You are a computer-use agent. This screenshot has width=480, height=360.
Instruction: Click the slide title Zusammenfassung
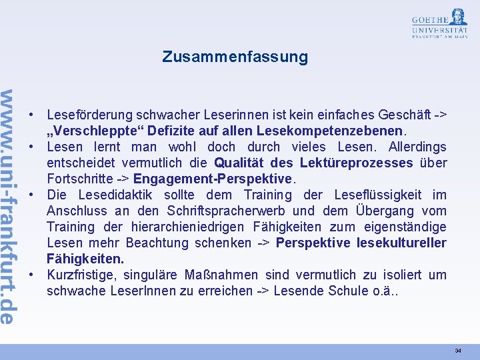235,57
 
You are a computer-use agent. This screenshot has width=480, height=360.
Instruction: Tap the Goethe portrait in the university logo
458,17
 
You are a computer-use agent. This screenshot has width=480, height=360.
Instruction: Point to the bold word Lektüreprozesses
356,163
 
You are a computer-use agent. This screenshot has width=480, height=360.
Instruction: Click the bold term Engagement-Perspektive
213,179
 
